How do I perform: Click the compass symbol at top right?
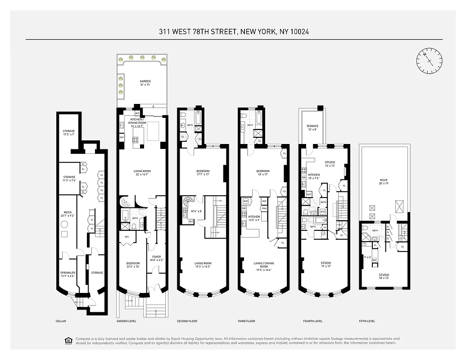coord(429,61)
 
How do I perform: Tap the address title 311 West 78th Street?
coord(233,32)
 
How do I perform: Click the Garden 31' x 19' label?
coord(145,83)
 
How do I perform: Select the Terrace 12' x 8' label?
coord(312,128)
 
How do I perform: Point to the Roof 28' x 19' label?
coord(384,181)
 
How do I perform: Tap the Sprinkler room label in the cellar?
coord(68,274)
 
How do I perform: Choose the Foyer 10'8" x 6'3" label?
coord(156,258)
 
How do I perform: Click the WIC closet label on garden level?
coord(127,236)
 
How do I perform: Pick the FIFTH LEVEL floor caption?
coord(367,321)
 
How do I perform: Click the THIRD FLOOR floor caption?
coord(246,321)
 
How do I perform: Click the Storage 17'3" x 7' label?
coord(69,133)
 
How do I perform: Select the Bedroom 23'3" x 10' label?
coord(133,265)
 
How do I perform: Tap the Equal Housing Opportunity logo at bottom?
coord(69,341)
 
